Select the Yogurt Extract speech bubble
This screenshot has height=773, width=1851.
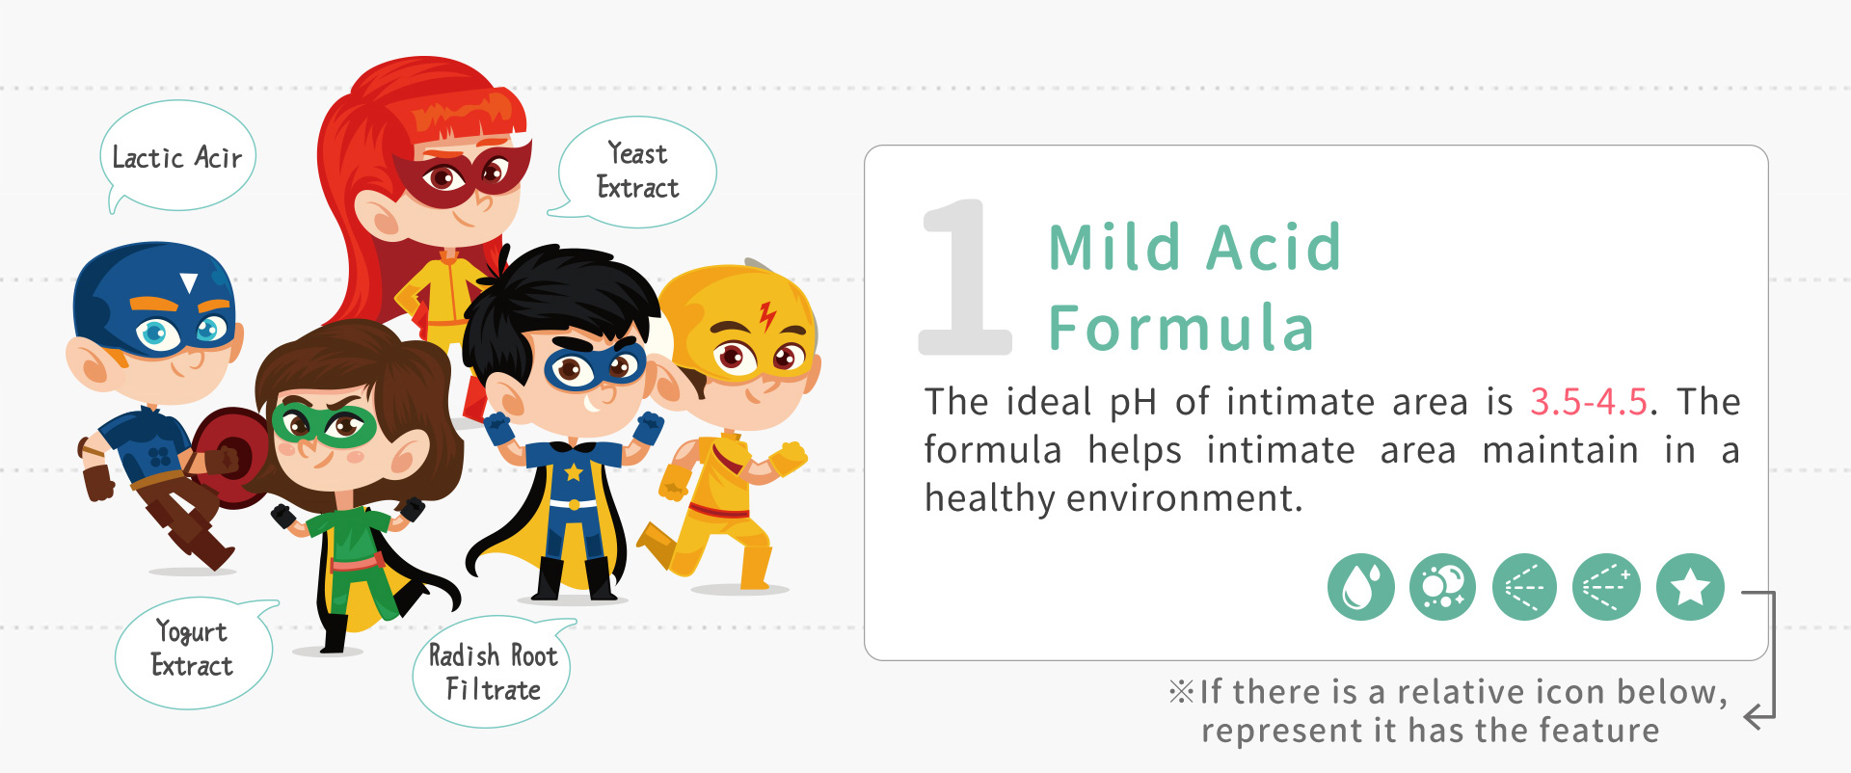click(x=194, y=653)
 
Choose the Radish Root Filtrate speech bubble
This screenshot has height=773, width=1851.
click(x=493, y=672)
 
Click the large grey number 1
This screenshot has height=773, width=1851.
click(x=964, y=277)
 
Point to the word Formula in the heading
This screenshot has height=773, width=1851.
click(x=1182, y=329)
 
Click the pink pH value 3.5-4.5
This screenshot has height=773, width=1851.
click(x=1589, y=402)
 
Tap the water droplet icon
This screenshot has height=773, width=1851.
click(x=1360, y=587)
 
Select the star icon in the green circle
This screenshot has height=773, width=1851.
click(x=1690, y=587)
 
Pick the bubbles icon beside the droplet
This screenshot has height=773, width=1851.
click(x=1442, y=587)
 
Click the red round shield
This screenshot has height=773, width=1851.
click(x=231, y=458)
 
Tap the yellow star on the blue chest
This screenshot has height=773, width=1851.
click(x=574, y=471)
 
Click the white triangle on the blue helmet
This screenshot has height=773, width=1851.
click(x=189, y=282)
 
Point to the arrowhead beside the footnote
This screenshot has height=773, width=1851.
click(x=1757, y=716)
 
